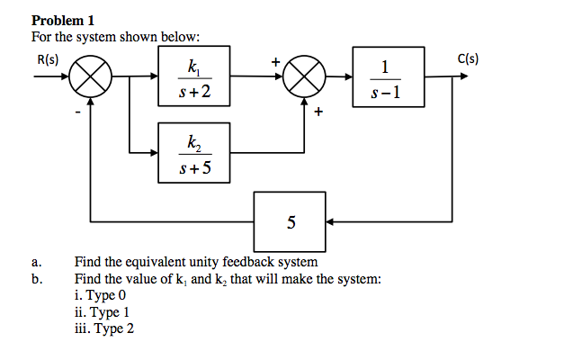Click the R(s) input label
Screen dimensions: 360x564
tap(48, 60)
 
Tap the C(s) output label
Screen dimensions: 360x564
tap(468, 60)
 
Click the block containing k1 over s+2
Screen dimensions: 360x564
tap(194, 78)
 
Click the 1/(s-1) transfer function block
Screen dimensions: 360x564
tap(386, 78)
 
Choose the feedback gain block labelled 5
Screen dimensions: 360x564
tap(290, 221)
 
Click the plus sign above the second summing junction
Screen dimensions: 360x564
tap(276, 62)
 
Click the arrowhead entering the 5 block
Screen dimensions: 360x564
tap(330, 221)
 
